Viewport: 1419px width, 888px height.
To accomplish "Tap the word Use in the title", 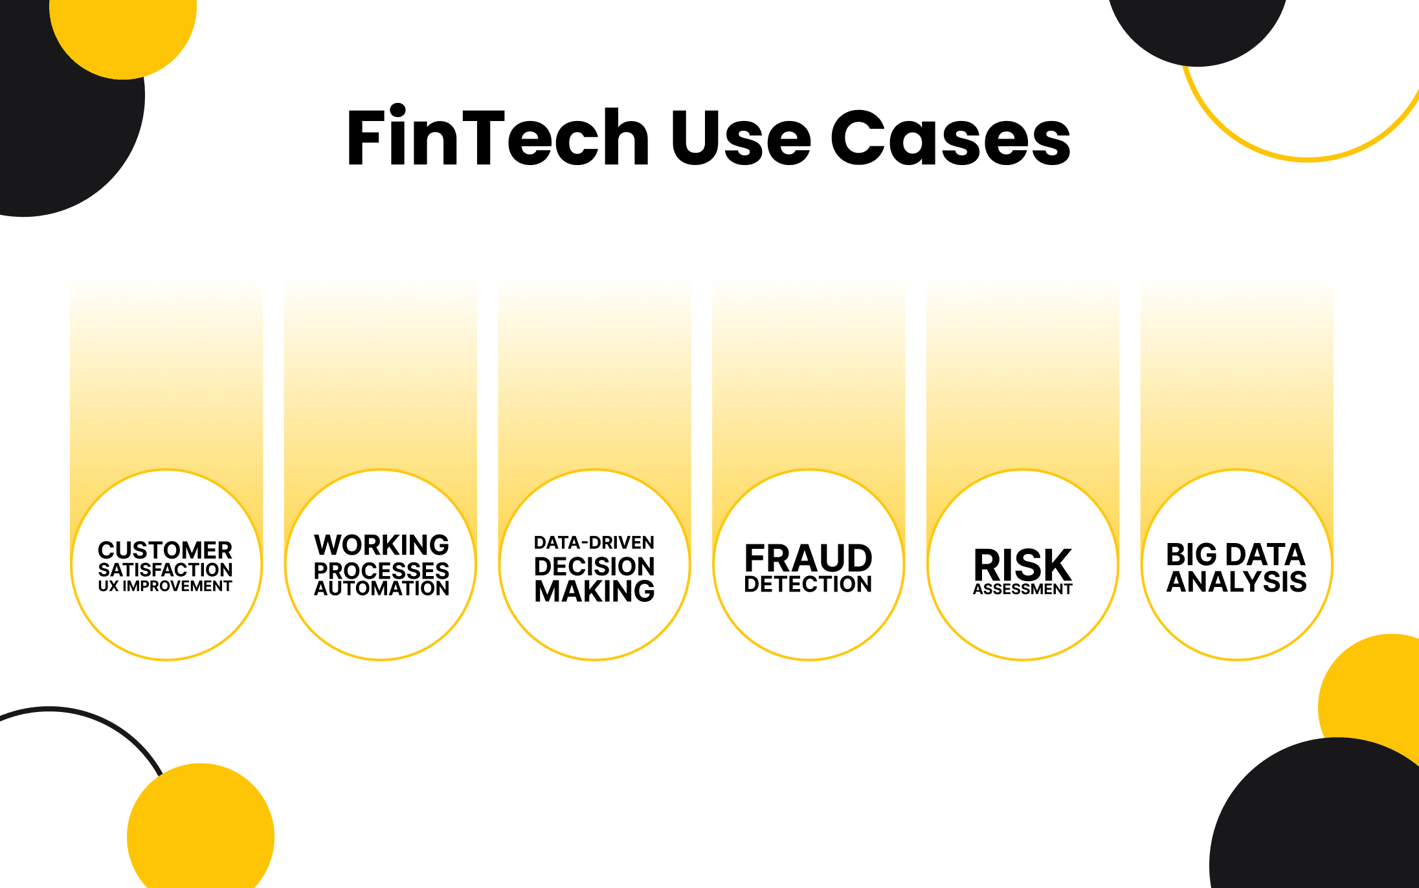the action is tap(741, 137).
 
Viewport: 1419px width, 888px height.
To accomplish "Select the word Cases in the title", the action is tap(951, 137).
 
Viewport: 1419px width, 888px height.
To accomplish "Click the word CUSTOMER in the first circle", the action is tap(165, 550).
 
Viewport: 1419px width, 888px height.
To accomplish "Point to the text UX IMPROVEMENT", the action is tap(165, 586).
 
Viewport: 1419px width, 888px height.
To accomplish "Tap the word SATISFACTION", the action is tap(165, 570).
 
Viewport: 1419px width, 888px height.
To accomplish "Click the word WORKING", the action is tap(381, 545).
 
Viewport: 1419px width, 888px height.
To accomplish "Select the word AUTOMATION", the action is tap(381, 588).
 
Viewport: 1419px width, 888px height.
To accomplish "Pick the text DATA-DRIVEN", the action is tap(594, 542).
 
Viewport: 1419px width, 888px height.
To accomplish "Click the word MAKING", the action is tap(594, 591).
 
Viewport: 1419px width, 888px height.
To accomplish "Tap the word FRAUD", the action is tap(809, 558).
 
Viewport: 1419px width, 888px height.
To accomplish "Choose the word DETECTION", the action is tap(809, 584).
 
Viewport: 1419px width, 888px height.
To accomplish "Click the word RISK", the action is tap(1023, 565).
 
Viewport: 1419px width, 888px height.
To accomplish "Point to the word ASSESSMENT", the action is tap(1023, 589).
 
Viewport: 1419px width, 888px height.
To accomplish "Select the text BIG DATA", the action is tap(1236, 555).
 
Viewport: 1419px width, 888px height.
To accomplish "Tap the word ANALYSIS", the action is tap(1236, 581).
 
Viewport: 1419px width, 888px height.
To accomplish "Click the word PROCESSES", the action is tap(381, 570).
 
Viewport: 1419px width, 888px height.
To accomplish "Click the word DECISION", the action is tap(594, 566).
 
